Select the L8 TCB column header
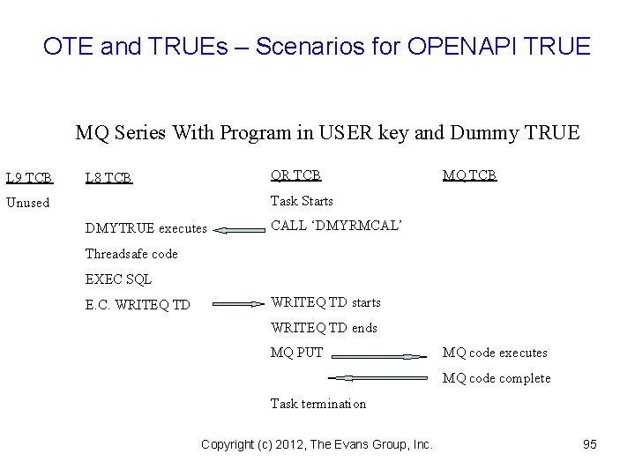click(x=108, y=177)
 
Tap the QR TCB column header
click(x=295, y=175)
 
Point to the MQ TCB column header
click(x=469, y=175)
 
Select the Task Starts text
click(x=301, y=201)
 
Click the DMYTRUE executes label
click(x=146, y=228)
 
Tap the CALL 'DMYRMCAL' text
click(x=336, y=227)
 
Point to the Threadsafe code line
click(x=131, y=254)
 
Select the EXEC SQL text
click(x=118, y=279)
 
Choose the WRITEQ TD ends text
click(x=323, y=328)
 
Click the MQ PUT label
click(x=296, y=353)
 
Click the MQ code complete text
click(x=497, y=378)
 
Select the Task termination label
click(x=317, y=404)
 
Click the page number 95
click(x=590, y=444)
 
